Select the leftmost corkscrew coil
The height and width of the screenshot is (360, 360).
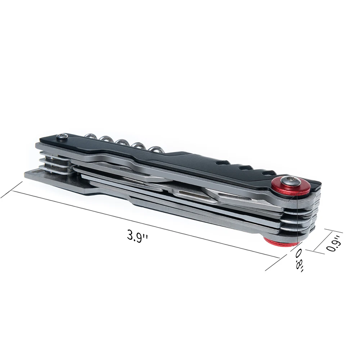(x=90, y=136)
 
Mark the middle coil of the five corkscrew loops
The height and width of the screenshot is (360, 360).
(x=123, y=142)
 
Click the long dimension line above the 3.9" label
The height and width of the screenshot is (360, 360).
(x=144, y=223)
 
